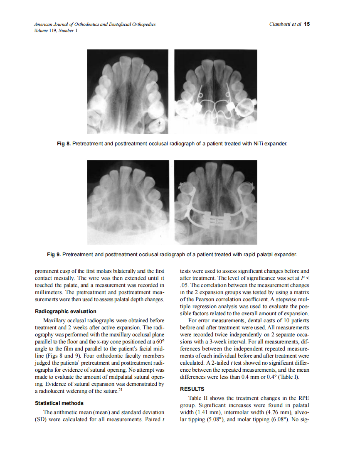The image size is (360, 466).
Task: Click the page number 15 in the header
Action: coord(307,24)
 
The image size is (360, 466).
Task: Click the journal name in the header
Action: coord(95,25)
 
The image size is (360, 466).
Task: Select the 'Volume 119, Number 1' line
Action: coord(55,30)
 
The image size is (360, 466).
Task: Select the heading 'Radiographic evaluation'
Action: coord(66,311)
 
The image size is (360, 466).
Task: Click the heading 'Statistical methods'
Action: coord(59,403)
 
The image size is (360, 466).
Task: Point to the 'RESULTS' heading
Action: coord(192,389)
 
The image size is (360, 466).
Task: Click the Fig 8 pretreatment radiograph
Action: coord(128,91)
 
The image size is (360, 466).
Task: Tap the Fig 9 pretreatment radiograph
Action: coord(128,202)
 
